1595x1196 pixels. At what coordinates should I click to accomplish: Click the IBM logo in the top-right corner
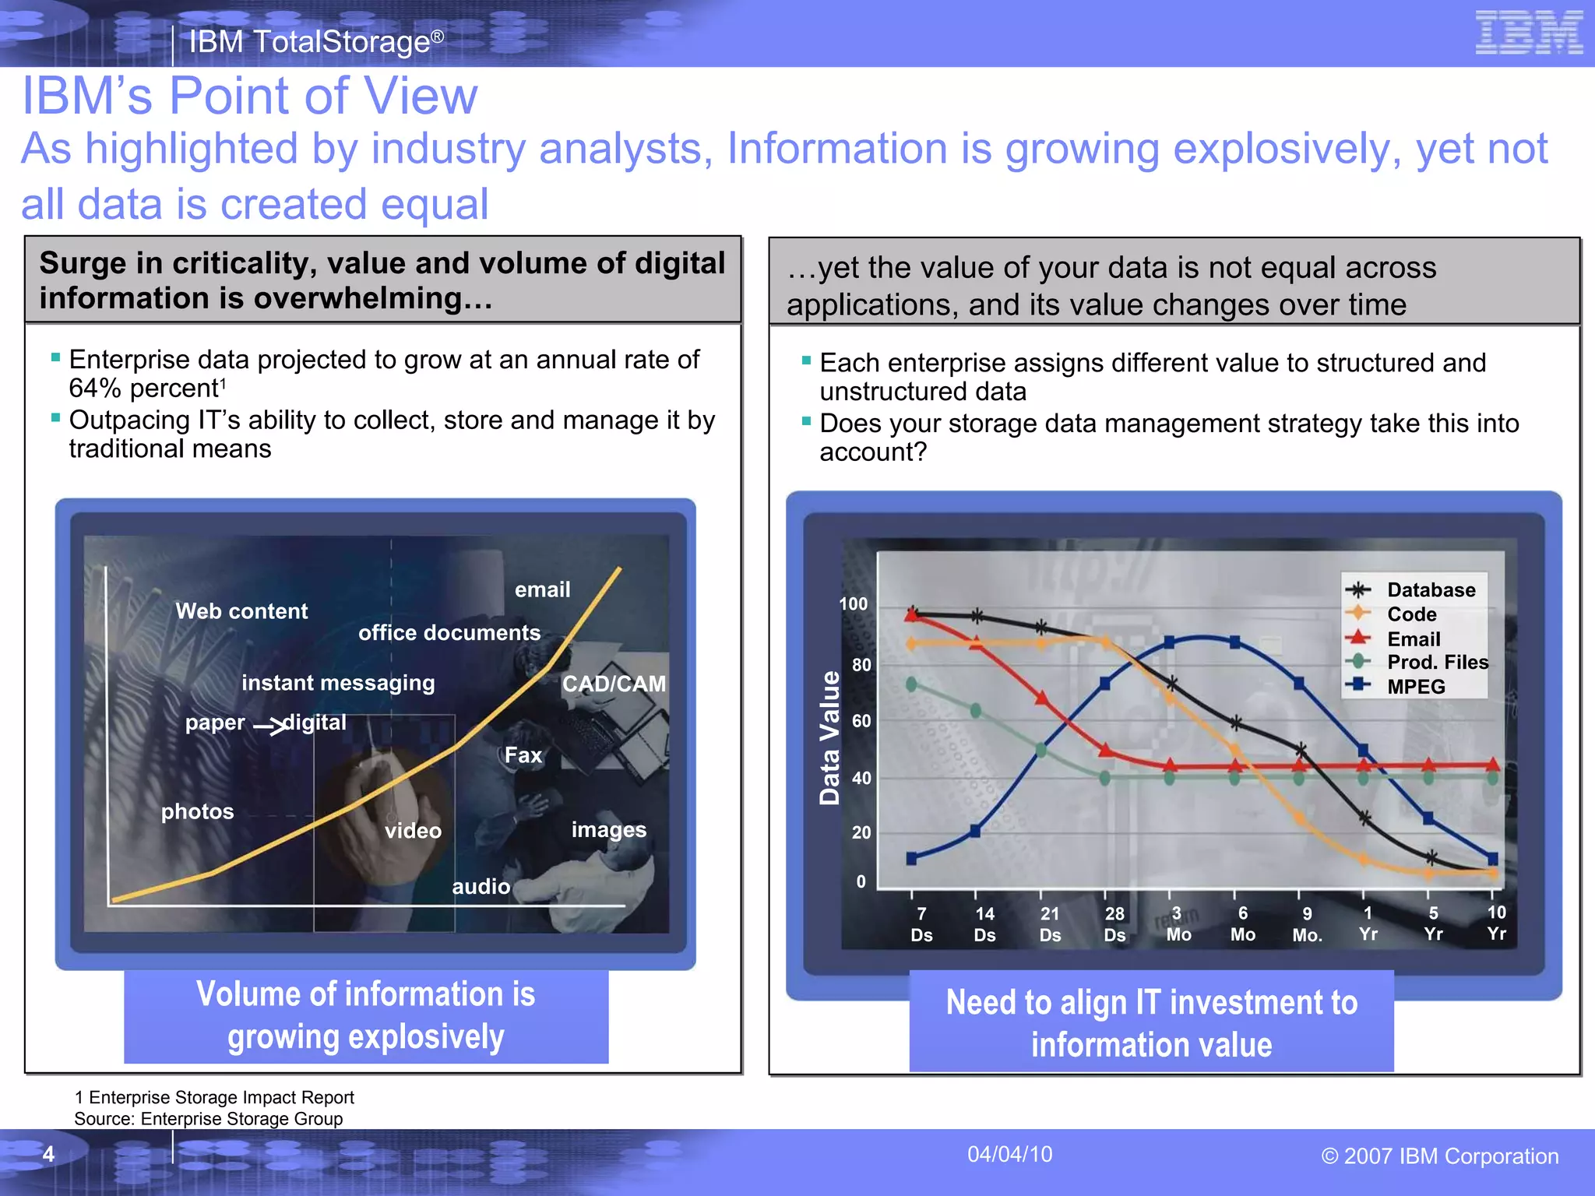(x=1529, y=33)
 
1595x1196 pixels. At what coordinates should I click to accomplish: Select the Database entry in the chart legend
(x=1431, y=590)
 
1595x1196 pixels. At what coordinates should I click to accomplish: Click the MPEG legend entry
(x=1415, y=687)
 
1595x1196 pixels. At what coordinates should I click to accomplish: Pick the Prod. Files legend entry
(x=1437, y=663)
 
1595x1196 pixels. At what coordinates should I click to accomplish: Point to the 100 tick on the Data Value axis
(x=853, y=604)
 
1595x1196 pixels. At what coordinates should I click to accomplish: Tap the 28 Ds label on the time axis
(x=1114, y=924)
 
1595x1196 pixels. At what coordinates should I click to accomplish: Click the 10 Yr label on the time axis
(x=1496, y=923)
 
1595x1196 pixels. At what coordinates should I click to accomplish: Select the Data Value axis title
(x=830, y=737)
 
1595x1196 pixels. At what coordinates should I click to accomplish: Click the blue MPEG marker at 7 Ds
(x=912, y=859)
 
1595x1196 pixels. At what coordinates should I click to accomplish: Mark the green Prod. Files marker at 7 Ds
(x=912, y=684)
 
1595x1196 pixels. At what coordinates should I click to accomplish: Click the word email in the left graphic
(x=542, y=590)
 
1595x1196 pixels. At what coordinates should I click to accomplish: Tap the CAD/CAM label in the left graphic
(x=614, y=684)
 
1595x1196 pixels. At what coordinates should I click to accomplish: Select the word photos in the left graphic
(x=197, y=812)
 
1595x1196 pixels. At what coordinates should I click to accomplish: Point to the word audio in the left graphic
(x=481, y=887)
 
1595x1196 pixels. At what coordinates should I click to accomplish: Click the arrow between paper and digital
(x=269, y=727)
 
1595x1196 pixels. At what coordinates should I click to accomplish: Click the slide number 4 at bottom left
(x=48, y=1154)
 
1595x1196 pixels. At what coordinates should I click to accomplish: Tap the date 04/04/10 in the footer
(x=1009, y=1154)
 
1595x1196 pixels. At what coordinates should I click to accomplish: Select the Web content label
(x=241, y=611)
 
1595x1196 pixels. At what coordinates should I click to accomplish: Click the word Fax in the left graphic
(x=523, y=755)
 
